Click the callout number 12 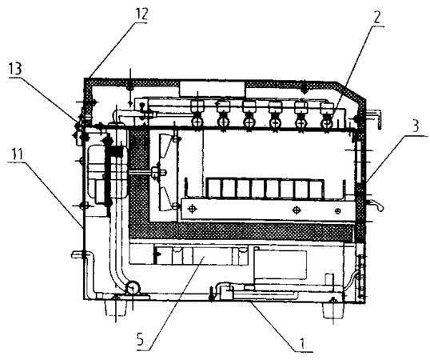click(141, 14)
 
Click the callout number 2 click(377, 18)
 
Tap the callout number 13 click(15, 70)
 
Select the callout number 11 click(18, 154)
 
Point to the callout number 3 click(416, 126)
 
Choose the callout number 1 click(302, 343)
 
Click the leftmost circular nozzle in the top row click(197, 122)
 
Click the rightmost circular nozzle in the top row click(326, 123)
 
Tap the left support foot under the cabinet click(116, 307)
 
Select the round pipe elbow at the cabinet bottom click(133, 288)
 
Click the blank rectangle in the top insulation click(212, 89)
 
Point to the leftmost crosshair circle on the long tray click(193, 209)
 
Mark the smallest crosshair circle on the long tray click(338, 210)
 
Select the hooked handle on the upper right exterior click(374, 118)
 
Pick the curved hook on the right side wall click(375, 206)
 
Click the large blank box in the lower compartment click(281, 265)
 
